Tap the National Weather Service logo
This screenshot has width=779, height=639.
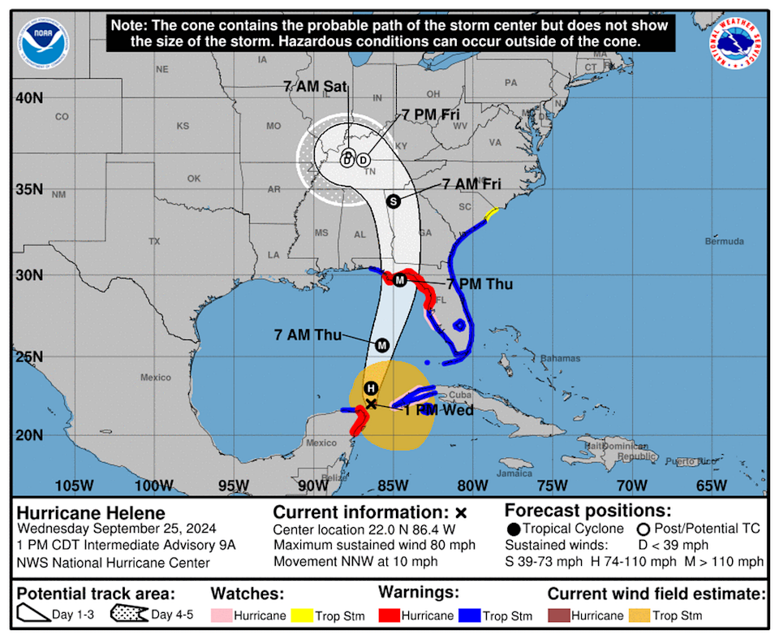734,44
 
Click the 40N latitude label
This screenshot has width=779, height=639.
28,97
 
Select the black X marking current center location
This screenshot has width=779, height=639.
371,404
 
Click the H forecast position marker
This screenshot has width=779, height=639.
371,388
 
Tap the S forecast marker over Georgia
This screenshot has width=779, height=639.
394,201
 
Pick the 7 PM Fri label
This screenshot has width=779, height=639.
431,115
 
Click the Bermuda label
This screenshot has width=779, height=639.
725,242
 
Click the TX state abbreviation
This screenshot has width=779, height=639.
154,241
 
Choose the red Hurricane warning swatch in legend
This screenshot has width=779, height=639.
393,615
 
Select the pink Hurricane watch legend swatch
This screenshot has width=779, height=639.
221,615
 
